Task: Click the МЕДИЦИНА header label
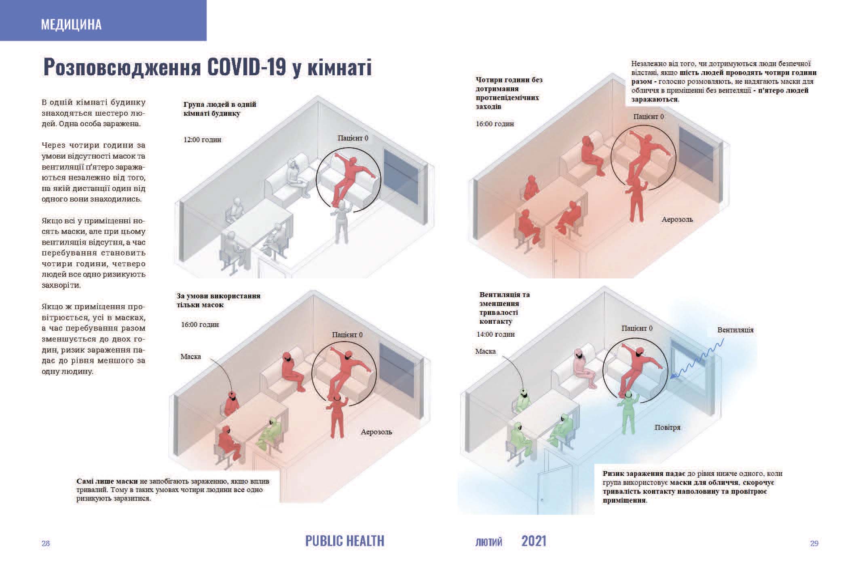coord(71,25)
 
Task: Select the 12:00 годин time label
coord(203,140)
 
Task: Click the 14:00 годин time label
coord(496,334)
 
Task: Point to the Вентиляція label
coord(735,330)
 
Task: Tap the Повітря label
coord(668,427)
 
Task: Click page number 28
coord(46,543)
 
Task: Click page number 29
coord(814,543)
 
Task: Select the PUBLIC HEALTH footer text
coord(345,541)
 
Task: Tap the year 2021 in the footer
coord(534,541)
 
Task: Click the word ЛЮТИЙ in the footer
coord(489,542)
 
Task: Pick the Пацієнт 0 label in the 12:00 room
coord(353,138)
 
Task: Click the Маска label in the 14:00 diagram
coord(485,351)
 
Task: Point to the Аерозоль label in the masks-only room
coord(376,432)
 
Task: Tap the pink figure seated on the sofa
coord(583,368)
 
